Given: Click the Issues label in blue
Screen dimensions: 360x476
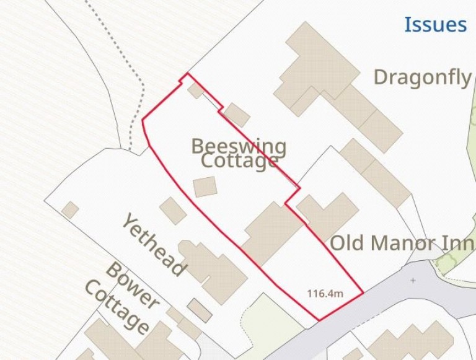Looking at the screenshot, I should [435, 25].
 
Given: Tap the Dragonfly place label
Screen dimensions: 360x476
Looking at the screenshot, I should [423, 77].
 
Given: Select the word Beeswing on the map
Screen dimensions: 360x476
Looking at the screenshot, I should [239, 147].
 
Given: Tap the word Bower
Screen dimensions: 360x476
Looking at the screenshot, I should [132, 286].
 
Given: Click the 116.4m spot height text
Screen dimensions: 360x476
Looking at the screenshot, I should [325, 292].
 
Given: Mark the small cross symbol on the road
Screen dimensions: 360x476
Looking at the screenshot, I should [413, 281].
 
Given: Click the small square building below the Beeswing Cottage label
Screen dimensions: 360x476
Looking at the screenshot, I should [205, 187].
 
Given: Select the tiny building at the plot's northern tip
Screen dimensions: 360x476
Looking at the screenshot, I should [196, 90].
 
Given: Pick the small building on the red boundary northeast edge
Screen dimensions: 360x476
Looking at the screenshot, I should [236, 115].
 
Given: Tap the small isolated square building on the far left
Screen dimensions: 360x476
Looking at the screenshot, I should [70, 210].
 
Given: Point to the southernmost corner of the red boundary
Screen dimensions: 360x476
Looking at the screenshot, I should [319, 320].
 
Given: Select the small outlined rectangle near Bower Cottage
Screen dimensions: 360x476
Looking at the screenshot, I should [200, 309].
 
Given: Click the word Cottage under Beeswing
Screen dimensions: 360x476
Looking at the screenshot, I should [239, 162].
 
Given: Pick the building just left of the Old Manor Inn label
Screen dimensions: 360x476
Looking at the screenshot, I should [327, 214].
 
